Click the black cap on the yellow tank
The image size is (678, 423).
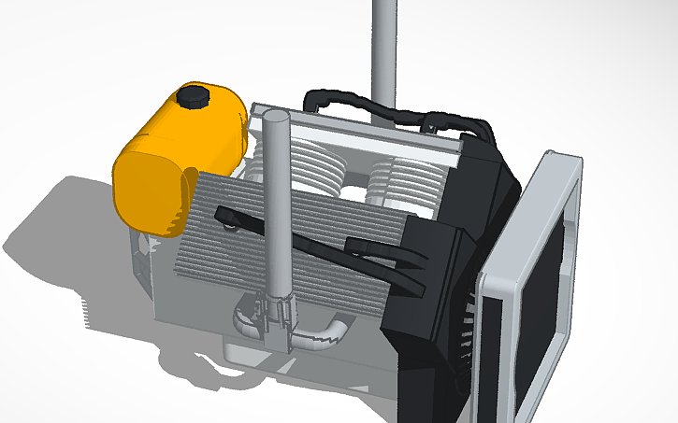(x=195, y=96)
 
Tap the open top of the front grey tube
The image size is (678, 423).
(x=275, y=117)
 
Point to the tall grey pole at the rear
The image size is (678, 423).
(x=383, y=47)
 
